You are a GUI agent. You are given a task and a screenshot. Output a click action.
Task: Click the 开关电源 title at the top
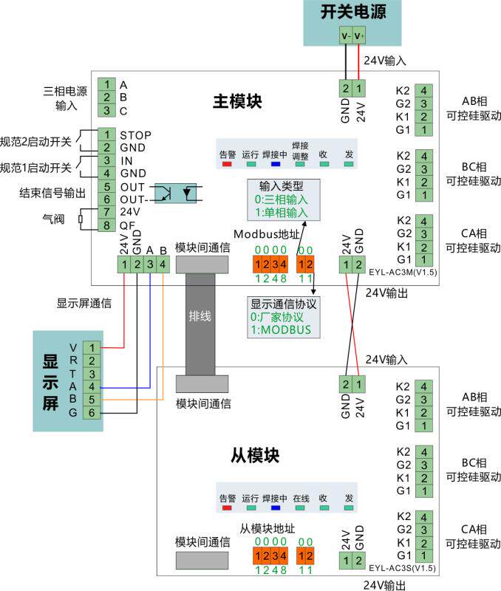(352, 13)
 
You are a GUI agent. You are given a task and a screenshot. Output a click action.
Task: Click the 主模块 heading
(238, 100)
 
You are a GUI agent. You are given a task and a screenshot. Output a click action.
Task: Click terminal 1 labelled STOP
(107, 134)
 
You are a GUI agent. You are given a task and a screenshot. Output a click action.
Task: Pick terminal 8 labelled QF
(107, 225)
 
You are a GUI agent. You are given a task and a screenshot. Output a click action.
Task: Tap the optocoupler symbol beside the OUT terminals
(181, 194)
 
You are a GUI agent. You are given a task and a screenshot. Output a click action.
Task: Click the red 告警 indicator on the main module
(227, 164)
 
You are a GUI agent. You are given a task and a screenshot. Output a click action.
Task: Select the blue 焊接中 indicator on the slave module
(276, 508)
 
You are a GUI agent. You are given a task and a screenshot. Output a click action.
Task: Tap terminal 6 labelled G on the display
(92, 412)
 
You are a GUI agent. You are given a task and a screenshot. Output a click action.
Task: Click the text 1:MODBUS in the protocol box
(281, 329)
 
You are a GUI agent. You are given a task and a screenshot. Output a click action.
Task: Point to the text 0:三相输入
(282, 199)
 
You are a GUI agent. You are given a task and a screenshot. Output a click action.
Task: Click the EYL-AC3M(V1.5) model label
(401, 273)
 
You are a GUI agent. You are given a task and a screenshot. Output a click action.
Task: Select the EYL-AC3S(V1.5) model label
(402, 568)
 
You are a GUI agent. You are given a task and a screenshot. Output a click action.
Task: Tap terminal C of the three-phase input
(107, 111)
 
